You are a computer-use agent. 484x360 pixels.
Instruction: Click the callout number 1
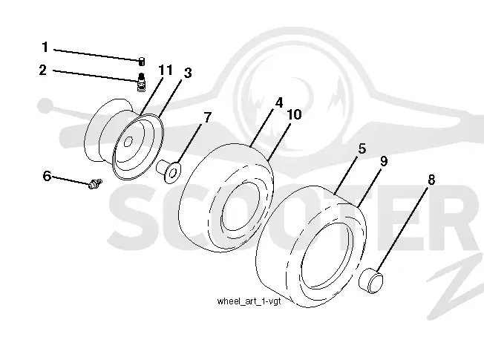45,48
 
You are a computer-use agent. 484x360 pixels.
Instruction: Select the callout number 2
43,70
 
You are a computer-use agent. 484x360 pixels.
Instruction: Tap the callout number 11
166,70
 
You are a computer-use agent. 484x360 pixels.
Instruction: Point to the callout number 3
188,73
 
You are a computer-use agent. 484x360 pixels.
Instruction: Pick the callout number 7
207,117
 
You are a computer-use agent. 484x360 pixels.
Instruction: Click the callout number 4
278,102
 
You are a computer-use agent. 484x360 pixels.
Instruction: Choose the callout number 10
294,114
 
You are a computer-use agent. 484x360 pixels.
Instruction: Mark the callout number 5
362,148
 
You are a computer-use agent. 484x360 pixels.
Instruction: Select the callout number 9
384,161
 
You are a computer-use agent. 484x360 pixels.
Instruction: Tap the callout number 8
431,180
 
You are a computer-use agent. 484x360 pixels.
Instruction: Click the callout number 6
47,176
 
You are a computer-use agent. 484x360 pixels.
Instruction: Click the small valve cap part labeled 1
141,62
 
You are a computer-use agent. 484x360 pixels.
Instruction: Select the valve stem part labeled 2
141,82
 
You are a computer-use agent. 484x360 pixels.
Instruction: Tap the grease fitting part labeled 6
95,183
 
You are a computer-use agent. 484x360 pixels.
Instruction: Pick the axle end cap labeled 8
370,281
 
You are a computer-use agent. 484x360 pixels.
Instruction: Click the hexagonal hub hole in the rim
128,142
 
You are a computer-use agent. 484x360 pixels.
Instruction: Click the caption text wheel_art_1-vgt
249,301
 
